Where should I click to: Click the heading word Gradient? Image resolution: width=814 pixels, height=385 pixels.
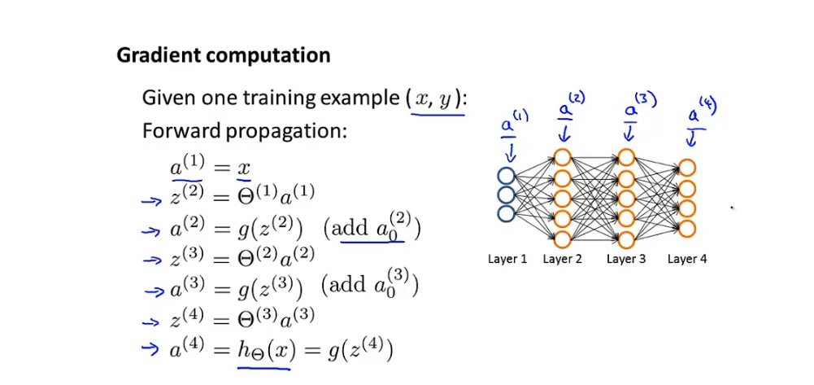[157, 55]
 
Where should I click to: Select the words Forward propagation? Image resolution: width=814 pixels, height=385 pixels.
[244, 131]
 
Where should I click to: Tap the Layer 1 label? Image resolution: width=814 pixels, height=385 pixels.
[507, 260]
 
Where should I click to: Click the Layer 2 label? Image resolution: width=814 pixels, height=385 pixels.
[563, 260]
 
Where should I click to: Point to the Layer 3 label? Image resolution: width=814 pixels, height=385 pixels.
[626, 260]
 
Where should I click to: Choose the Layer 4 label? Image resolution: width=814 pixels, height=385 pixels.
[687, 260]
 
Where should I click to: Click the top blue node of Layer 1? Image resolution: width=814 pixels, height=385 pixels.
[507, 176]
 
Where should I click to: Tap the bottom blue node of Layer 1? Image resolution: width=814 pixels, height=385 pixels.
[507, 213]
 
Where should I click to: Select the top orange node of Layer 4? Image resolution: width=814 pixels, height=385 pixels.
[687, 168]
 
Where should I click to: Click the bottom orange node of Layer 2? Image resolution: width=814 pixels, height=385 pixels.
[563, 239]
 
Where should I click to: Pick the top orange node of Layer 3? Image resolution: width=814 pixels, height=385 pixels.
[626, 156]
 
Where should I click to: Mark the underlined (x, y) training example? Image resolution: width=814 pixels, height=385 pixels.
[437, 99]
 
